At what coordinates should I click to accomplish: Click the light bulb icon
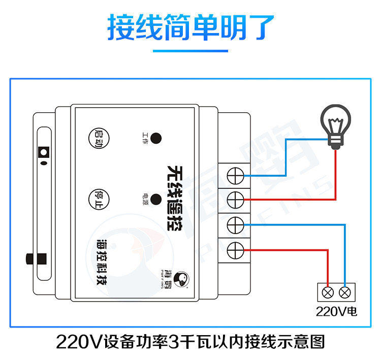[x=335, y=127]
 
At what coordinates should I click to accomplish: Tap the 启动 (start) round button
[x=98, y=137]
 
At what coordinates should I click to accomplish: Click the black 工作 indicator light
[x=156, y=137]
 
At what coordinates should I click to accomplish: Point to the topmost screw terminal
[x=234, y=176]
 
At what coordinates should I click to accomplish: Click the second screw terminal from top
[x=234, y=200]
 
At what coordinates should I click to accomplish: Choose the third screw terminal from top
[x=234, y=224]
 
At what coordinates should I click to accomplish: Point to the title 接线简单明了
[x=190, y=28]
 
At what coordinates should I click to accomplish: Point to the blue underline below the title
[x=190, y=51]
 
